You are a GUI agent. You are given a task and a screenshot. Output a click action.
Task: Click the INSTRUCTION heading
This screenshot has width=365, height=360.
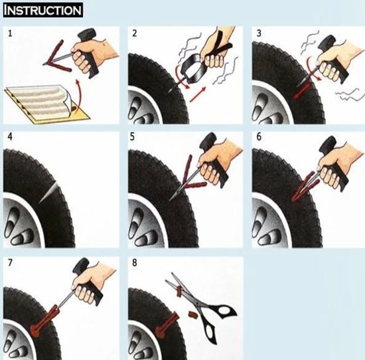coord(43,11)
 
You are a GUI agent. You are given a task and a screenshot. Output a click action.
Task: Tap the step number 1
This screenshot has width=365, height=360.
coord(9,33)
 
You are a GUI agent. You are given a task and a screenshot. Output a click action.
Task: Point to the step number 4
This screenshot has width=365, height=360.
coord(9,138)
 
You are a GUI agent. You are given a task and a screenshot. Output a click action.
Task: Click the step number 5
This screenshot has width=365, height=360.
coord(133,138)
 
